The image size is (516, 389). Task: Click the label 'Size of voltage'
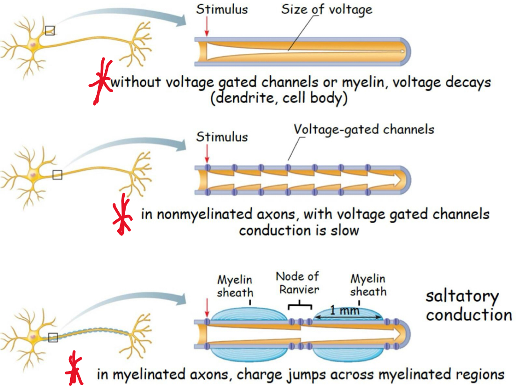(326, 9)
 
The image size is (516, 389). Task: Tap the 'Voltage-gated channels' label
(364, 129)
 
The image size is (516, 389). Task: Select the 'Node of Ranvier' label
(297, 282)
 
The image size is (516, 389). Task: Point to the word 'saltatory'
(462, 296)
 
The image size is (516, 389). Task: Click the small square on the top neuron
(50, 31)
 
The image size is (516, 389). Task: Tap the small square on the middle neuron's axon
(57, 175)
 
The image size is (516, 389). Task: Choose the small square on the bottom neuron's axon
(53, 337)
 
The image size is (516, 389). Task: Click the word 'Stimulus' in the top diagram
(222, 9)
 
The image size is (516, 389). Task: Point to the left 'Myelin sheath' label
(235, 286)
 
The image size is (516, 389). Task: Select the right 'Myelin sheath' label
(368, 285)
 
